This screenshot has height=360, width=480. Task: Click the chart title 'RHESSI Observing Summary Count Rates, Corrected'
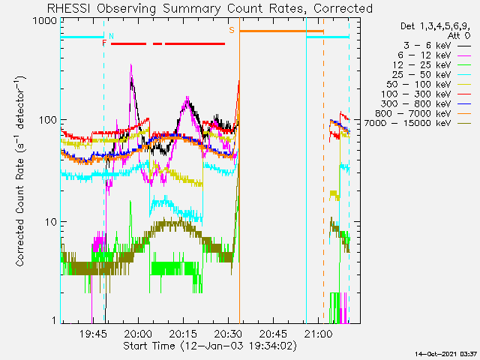pos(210,8)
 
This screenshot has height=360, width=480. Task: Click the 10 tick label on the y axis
pos(49,222)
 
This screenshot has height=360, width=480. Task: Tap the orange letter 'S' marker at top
pos(232,30)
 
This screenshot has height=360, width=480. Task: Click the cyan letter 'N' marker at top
pos(112,35)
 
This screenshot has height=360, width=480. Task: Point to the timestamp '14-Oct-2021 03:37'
pos(446,353)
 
